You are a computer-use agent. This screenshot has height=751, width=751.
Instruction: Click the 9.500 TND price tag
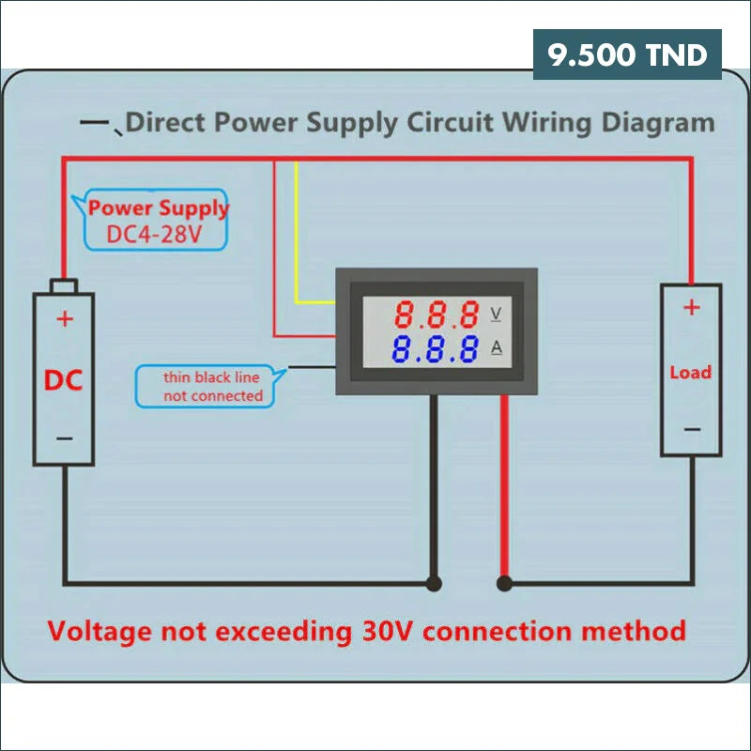pos(627,54)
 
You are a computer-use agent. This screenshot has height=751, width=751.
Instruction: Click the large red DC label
pos(64,380)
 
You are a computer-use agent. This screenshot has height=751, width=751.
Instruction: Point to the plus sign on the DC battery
pos(64,319)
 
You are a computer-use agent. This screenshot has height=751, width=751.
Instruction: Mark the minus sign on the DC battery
pos(64,438)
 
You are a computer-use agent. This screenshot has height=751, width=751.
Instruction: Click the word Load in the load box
pos(690,372)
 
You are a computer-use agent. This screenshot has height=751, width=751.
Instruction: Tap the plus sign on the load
pos(691,307)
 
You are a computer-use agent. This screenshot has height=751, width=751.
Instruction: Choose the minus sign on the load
pos(691,429)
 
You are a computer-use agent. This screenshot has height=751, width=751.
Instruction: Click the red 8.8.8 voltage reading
pos(436,313)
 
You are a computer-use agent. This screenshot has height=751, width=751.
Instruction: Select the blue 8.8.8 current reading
pos(436,349)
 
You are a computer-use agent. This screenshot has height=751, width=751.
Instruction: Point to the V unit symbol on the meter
pos(497,313)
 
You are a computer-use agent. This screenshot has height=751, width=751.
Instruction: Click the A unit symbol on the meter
pos(497,348)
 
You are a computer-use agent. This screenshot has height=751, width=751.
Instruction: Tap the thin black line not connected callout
pos(212,386)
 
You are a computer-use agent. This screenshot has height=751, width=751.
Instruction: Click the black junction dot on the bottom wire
pos(433,583)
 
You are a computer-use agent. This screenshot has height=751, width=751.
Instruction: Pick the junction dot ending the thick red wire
pos(504,583)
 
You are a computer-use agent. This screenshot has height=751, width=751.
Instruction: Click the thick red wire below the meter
pos(504,488)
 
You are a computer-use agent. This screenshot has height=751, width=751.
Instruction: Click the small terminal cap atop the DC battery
pos(64,285)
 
